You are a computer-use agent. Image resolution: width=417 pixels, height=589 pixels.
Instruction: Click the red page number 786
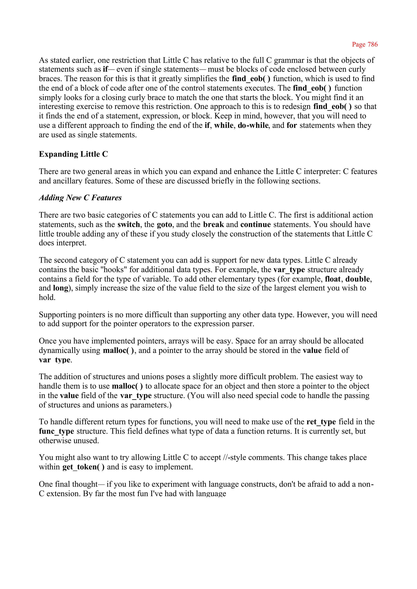point(365,44)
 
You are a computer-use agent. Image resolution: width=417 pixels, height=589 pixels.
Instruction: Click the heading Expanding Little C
point(74,154)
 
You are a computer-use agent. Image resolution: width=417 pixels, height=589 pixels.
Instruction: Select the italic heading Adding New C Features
point(80,198)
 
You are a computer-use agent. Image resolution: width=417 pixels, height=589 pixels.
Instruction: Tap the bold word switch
point(129,224)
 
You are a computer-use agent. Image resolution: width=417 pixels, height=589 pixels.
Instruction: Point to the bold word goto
point(164,225)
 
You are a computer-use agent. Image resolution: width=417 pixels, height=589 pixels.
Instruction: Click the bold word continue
point(256,224)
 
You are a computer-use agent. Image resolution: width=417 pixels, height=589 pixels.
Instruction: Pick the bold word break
point(213,224)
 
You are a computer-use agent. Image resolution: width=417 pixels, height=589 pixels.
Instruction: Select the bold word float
point(333,279)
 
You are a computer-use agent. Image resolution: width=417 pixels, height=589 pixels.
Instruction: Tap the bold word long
point(61,288)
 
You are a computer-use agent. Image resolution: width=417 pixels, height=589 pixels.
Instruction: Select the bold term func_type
point(56,431)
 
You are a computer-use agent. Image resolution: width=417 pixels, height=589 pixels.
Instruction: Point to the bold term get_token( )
point(83,467)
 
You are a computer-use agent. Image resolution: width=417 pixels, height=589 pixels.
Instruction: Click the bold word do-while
point(253,125)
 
